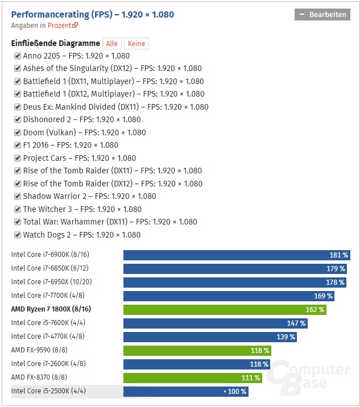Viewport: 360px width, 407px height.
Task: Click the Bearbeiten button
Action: [322, 15]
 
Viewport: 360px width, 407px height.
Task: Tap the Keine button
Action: [136, 43]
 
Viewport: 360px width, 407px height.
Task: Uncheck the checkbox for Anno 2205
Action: [18, 56]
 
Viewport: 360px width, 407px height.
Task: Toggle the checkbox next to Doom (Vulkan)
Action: [18, 132]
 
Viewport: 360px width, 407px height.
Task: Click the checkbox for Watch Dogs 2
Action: [18, 235]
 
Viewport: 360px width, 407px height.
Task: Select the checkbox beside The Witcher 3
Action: [18, 209]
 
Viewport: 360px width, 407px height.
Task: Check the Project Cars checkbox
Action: [18, 158]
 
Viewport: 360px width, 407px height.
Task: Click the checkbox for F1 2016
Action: [18, 145]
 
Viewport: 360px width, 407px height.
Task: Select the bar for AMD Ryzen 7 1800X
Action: [225, 310]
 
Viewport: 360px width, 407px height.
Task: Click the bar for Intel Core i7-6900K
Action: [237, 255]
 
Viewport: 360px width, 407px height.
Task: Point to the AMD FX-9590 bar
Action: [197, 351]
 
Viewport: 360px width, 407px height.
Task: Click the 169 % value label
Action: [323, 296]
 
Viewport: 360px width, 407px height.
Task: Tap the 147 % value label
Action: [296, 323]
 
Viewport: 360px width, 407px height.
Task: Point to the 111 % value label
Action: [251, 378]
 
